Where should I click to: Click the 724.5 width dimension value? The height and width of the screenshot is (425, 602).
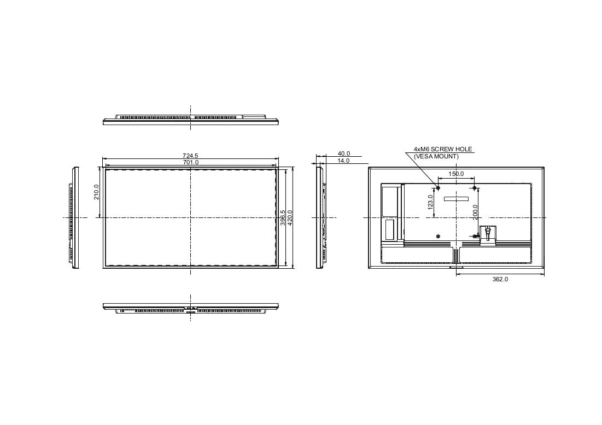point(190,156)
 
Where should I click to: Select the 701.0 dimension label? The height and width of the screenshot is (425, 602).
point(190,163)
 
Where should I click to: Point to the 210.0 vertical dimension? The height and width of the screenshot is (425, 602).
point(96,192)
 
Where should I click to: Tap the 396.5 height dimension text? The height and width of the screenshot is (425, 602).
point(283,217)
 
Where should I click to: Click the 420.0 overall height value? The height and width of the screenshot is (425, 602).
point(290,217)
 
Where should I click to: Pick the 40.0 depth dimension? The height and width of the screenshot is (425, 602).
point(343,154)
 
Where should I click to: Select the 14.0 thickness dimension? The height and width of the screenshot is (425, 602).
point(343,161)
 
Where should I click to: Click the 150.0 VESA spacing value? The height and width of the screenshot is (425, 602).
point(456,174)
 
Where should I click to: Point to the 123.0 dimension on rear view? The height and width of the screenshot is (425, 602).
point(430,202)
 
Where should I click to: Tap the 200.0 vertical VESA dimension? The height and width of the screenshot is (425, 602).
point(475,212)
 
